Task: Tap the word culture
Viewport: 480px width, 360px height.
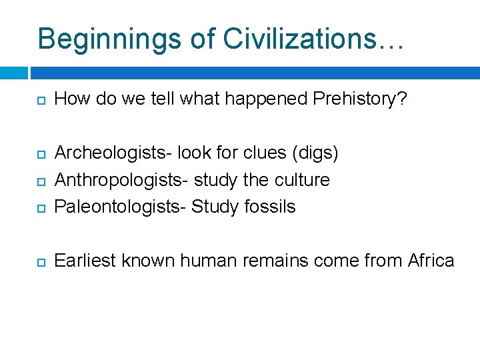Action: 303,180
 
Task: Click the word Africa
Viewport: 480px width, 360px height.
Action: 431,260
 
